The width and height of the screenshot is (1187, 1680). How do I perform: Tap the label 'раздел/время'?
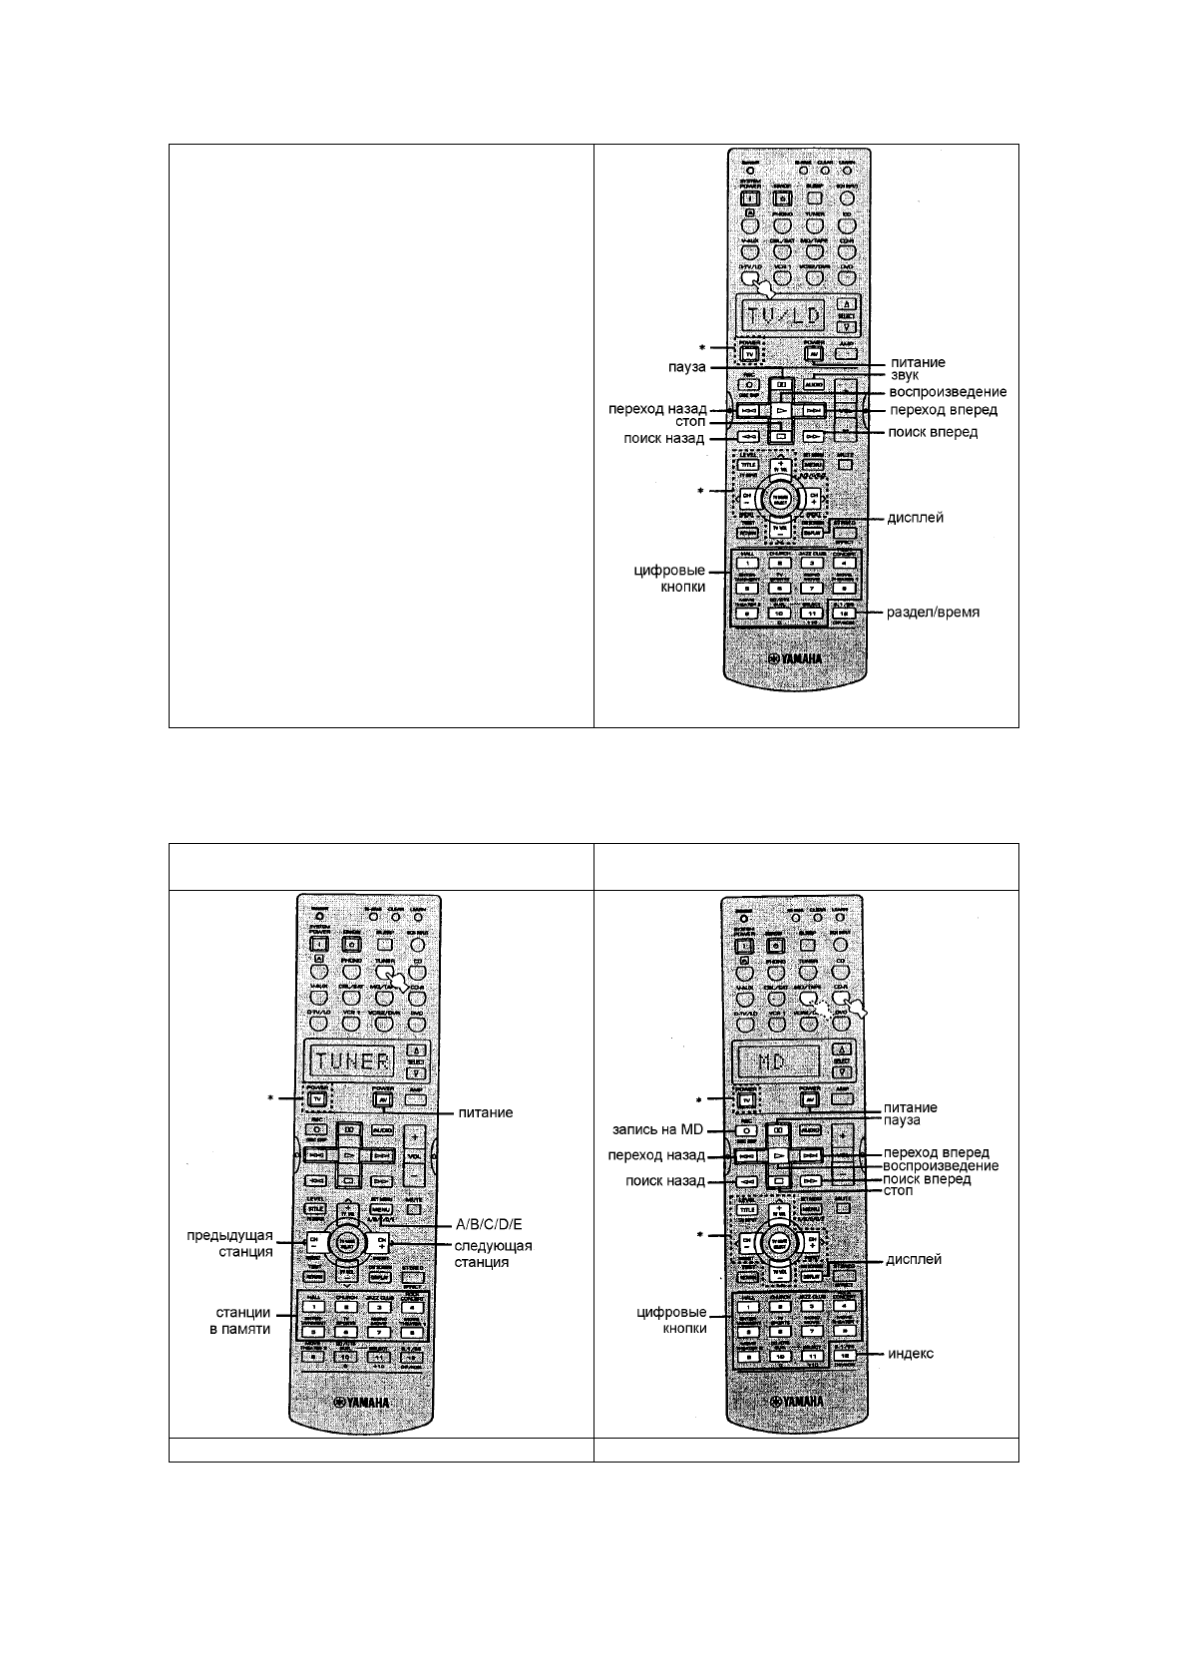[x=933, y=612]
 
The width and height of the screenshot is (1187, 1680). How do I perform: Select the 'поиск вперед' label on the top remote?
[x=933, y=432]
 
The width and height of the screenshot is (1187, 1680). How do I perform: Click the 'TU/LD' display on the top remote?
[x=783, y=316]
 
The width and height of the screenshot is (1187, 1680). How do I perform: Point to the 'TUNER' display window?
[x=354, y=1059]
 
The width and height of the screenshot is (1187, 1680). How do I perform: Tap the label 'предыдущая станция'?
[x=229, y=1244]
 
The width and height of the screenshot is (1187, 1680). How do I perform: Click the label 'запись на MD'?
[x=658, y=1130]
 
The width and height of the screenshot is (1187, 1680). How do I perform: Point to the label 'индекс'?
[x=911, y=1354]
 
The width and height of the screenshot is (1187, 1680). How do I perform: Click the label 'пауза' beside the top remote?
[x=686, y=367]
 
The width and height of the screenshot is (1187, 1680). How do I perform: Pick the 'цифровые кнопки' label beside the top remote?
[x=670, y=579]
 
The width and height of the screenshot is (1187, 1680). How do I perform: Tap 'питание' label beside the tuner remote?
[x=485, y=1111]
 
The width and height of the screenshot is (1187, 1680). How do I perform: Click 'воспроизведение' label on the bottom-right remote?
[x=941, y=1165]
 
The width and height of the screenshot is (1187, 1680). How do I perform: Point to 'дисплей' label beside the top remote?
[x=915, y=518]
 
